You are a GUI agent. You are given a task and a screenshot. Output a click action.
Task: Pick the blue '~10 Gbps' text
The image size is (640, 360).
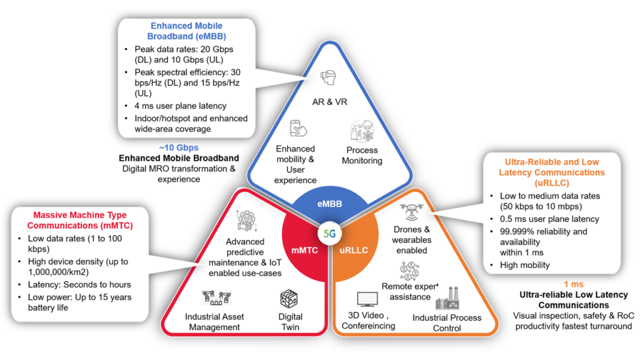coord(178,147)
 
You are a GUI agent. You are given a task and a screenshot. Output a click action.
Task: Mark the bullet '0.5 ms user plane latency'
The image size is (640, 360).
coord(541,219)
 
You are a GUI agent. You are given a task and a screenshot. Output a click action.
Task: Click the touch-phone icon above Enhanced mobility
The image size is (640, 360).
coord(296,130)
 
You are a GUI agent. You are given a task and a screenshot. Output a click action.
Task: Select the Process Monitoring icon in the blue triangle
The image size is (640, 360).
coord(362,131)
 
